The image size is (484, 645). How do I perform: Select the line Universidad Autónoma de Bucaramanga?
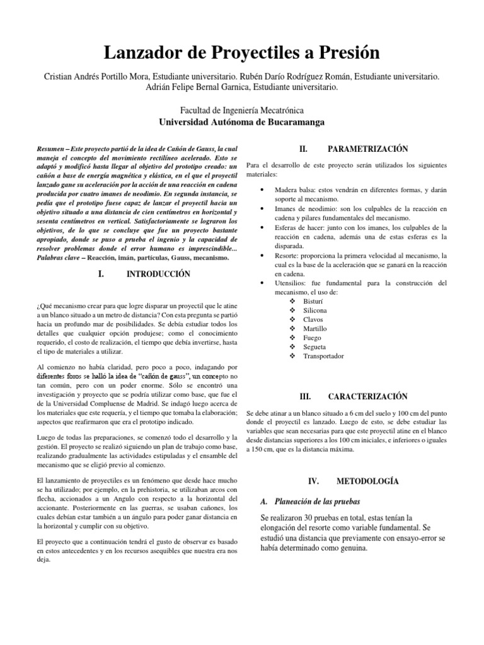[x=243, y=122]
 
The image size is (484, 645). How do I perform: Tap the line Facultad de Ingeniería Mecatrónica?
[x=243, y=110]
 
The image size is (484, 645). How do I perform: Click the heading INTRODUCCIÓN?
[x=158, y=275]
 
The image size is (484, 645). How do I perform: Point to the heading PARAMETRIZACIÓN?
[x=359, y=149]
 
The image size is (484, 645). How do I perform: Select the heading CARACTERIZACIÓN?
[x=359, y=396]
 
